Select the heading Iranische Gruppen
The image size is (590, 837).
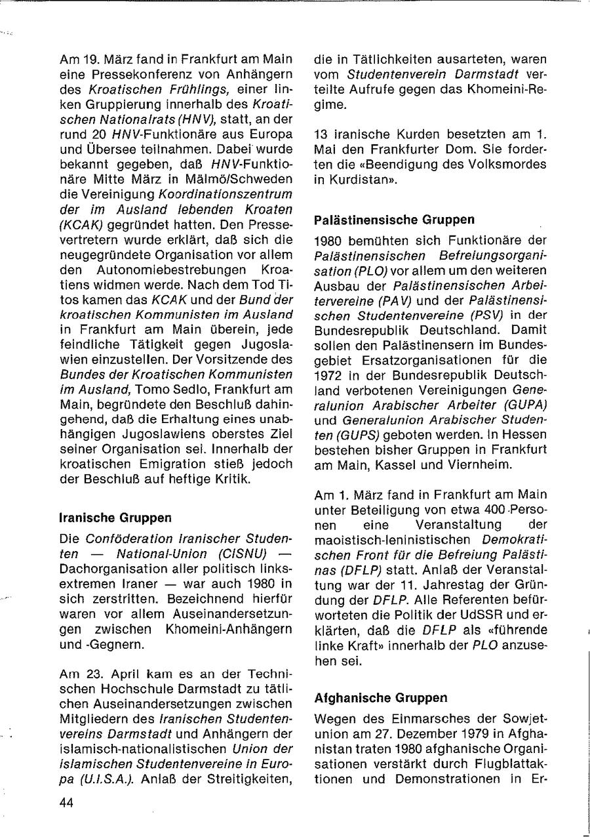[x=115, y=517]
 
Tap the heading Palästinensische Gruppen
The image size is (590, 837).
[x=394, y=219]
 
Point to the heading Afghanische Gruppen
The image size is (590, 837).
[x=381, y=697]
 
